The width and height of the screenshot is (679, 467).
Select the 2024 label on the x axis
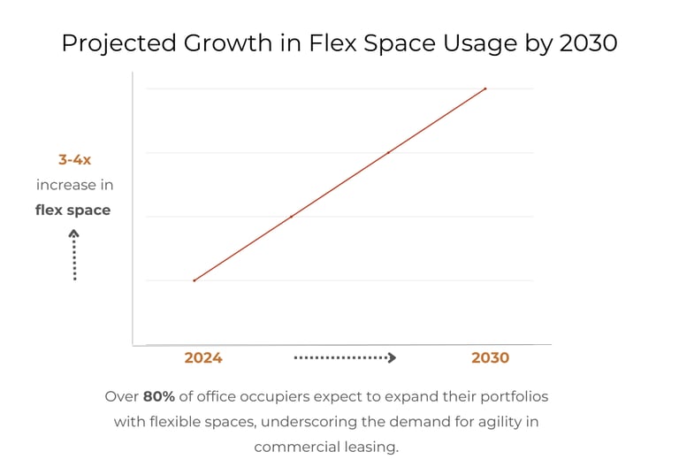point(203,358)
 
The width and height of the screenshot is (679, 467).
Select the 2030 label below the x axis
point(490,358)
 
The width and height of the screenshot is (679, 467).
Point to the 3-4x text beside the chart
point(74,160)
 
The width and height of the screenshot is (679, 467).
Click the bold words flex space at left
point(73,211)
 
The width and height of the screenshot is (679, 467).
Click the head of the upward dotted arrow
point(74,234)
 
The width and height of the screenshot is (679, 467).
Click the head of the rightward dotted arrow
point(392,358)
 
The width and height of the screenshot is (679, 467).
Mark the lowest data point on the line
point(195,280)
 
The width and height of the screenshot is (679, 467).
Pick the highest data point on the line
point(485,88)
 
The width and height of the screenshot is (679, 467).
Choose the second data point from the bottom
point(291,217)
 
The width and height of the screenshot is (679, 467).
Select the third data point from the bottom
point(388,152)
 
